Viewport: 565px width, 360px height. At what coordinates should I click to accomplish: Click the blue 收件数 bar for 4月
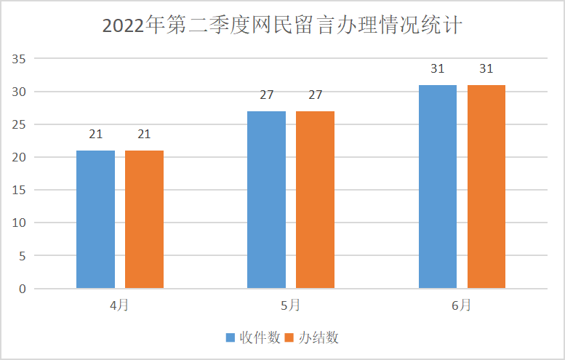[95, 220]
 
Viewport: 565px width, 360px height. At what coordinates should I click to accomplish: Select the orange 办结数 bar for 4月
[144, 220]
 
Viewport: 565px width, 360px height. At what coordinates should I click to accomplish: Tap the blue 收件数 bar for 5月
[266, 200]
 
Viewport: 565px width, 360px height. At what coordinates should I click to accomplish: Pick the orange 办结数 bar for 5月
[315, 200]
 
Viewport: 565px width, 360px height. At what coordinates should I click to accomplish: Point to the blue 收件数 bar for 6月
[438, 187]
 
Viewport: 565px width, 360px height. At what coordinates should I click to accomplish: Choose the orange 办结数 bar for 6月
[486, 187]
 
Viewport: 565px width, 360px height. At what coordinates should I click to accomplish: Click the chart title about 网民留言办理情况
[282, 25]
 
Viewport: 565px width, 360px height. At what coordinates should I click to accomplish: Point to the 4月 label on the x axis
[119, 305]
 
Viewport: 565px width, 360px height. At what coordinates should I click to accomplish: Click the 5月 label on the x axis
[290, 305]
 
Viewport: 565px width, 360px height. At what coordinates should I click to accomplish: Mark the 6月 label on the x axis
[461, 305]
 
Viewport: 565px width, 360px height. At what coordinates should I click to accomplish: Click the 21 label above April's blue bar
[95, 135]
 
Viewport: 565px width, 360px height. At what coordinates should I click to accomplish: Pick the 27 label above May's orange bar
[315, 95]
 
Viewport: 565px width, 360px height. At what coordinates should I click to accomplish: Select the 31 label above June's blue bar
[438, 69]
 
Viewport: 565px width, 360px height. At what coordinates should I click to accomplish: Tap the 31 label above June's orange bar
[486, 69]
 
